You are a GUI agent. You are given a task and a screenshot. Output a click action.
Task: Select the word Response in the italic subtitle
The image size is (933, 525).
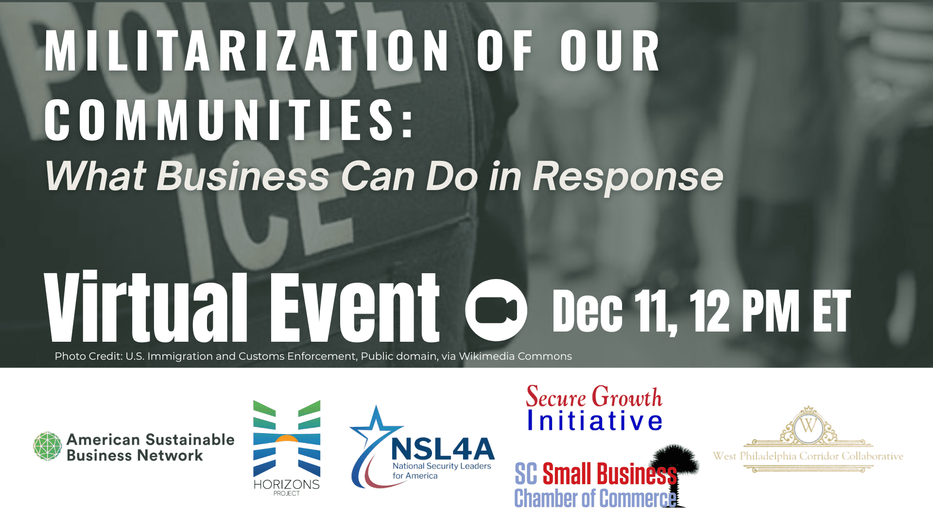point(628,176)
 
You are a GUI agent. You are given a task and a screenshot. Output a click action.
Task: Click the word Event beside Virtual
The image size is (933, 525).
point(355,306)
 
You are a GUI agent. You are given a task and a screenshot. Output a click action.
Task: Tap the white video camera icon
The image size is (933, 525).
point(496,310)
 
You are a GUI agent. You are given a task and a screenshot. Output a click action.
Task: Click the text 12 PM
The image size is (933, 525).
point(744,311)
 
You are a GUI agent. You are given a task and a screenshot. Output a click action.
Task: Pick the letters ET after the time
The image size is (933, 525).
point(831,311)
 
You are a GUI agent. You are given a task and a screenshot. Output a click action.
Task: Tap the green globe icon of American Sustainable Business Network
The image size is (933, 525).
point(48,446)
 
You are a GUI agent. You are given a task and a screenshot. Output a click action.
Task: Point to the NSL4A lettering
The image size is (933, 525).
point(443,449)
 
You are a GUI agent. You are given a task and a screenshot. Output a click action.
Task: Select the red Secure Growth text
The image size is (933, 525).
point(594,397)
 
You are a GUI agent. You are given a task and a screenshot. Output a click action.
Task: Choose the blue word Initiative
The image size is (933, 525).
point(595,421)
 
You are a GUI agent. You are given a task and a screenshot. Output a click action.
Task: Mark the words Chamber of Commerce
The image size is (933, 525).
point(595,498)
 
